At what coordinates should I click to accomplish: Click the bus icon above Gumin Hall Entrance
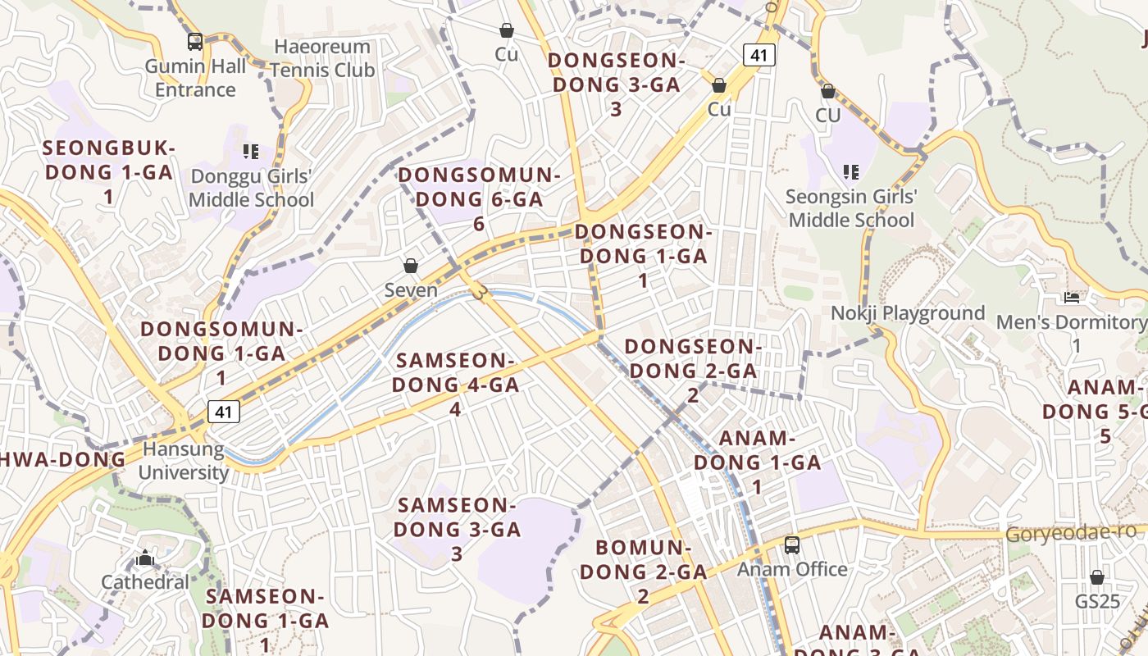tap(195, 41)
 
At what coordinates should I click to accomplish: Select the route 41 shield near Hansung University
tap(224, 411)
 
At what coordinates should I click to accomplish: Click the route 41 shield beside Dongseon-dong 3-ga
tap(759, 55)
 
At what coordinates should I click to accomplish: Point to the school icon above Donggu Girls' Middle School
tap(251, 152)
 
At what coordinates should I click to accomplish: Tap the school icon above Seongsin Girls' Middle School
tap(851, 172)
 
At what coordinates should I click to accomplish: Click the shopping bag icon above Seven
tap(411, 266)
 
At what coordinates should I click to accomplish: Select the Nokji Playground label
tap(908, 313)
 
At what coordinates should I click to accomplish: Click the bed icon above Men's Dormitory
tap(1071, 297)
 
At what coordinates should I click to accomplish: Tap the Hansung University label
tap(183, 461)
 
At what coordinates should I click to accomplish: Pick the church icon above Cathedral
tap(145, 559)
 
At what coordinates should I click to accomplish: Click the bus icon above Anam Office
tap(792, 544)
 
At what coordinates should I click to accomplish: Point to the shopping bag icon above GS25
tap(1097, 577)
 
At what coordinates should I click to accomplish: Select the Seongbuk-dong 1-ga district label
tap(108, 172)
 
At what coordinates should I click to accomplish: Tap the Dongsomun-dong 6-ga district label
tap(479, 199)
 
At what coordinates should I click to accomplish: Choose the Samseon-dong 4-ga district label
tap(455, 384)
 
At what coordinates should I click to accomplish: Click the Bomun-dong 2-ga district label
tap(643, 571)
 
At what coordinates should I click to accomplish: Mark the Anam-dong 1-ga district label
tap(757, 462)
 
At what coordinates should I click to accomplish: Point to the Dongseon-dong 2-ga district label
tap(693, 370)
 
